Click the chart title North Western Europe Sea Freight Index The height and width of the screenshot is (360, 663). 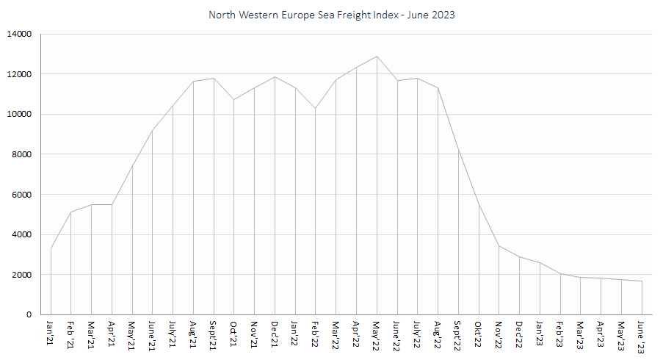tap(332, 15)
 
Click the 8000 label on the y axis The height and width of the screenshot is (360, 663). tap(22, 154)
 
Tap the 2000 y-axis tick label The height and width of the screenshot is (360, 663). tap(22, 275)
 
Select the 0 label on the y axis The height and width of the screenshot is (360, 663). tap(29, 314)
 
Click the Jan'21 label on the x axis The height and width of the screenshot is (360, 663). tap(50, 333)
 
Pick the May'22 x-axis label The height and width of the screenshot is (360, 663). tap(376, 334)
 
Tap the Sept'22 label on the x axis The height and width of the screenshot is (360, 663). tap(457, 335)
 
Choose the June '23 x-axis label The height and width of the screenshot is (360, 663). tap(641, 336)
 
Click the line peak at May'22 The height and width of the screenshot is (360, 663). tap(377, 57)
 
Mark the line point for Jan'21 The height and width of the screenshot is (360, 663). tap(51, 248)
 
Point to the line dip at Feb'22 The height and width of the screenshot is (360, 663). tap(315, 109)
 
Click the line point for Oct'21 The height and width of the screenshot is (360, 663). tap(233, 99)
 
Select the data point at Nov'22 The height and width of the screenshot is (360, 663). tap(499, 246)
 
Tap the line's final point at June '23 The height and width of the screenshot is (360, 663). tap(642, 281)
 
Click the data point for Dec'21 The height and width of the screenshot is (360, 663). tap(275, 77)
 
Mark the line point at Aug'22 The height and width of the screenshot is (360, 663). tap(438, 88)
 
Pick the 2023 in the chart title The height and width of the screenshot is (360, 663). tap(443, 15)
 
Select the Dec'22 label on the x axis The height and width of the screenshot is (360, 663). tap(518, 334)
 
